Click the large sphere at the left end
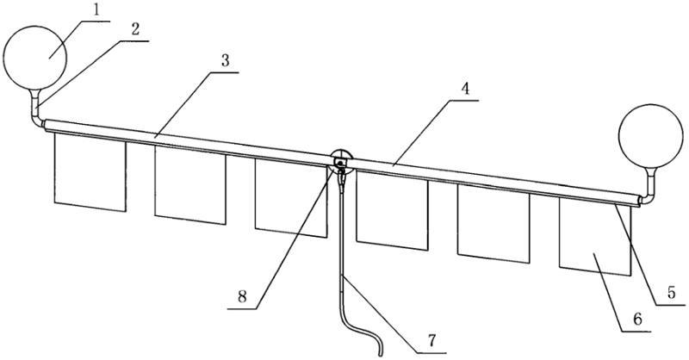(35, 56)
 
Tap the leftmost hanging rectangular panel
(90, 171)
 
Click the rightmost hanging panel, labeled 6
(594, 237)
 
